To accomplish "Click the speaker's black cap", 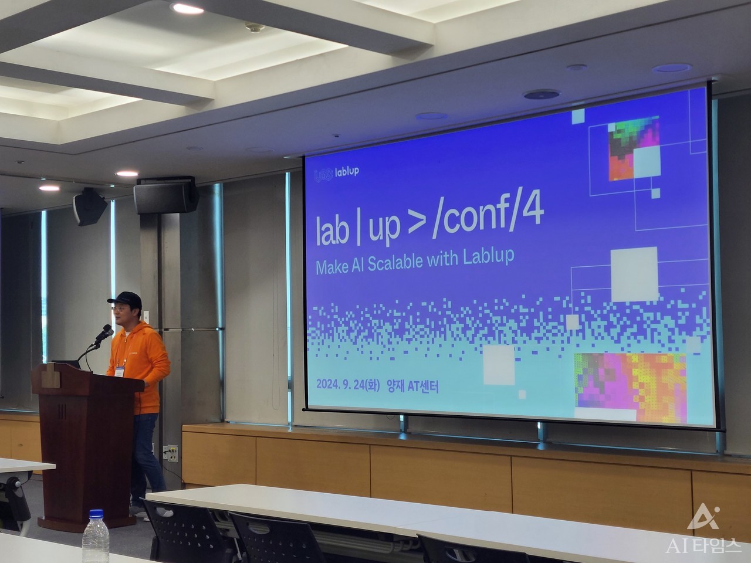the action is [x=125, y=300].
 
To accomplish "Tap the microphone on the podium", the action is [x=103, y=334].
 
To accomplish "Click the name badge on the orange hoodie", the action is [x=120, y=371].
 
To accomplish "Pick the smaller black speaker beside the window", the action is [x=90, y=207].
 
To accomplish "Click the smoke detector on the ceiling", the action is [x=255, y=27].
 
